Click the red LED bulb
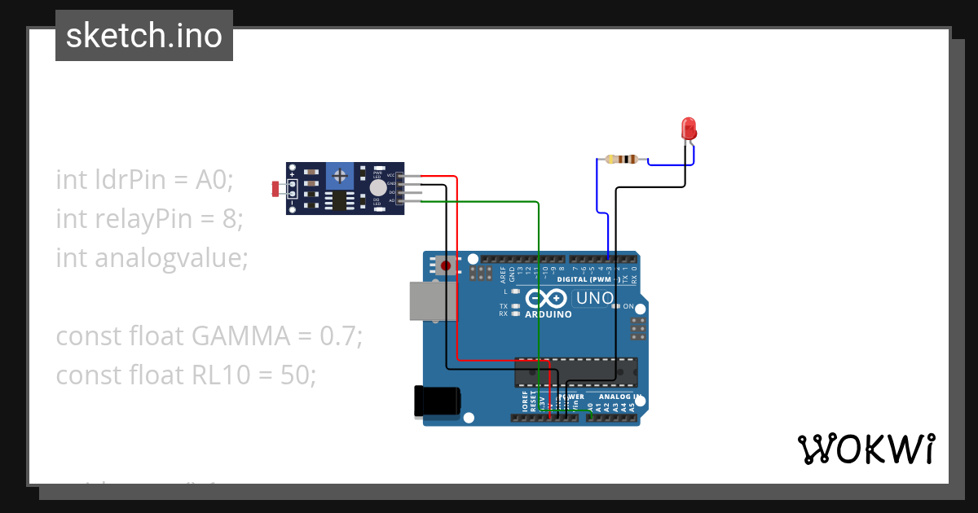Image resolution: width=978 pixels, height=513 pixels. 689,128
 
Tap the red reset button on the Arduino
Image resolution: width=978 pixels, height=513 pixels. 444,265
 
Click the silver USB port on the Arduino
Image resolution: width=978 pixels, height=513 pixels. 428,300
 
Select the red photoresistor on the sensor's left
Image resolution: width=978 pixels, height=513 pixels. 275,189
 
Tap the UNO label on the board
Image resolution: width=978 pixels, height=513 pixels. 594,298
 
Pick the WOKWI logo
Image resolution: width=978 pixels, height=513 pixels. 866,449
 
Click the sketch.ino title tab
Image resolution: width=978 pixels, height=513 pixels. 144,36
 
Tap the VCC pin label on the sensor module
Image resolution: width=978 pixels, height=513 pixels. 390,175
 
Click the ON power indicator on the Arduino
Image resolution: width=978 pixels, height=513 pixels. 628,307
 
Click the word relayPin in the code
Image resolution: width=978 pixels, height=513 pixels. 133,218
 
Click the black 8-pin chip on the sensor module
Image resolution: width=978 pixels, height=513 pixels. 338,201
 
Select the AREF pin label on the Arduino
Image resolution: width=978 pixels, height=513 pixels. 503,274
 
